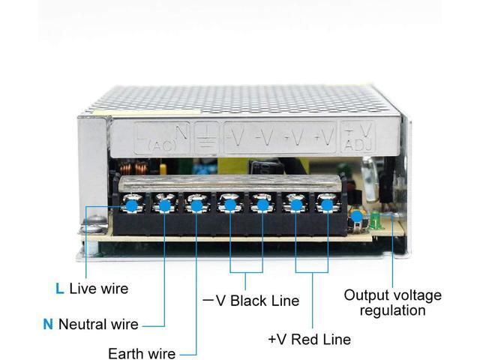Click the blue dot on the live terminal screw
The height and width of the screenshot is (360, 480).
click(131, 203)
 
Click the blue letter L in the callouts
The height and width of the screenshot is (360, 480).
click(59, 288)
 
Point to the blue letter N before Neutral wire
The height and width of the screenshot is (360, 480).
click(48, 325)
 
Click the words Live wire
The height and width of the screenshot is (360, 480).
click(98, 288)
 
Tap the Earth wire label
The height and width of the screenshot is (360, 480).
click(142, 353)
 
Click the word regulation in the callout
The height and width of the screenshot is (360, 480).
click(392, 310)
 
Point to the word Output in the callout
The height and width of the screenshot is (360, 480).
click(364, 295)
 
